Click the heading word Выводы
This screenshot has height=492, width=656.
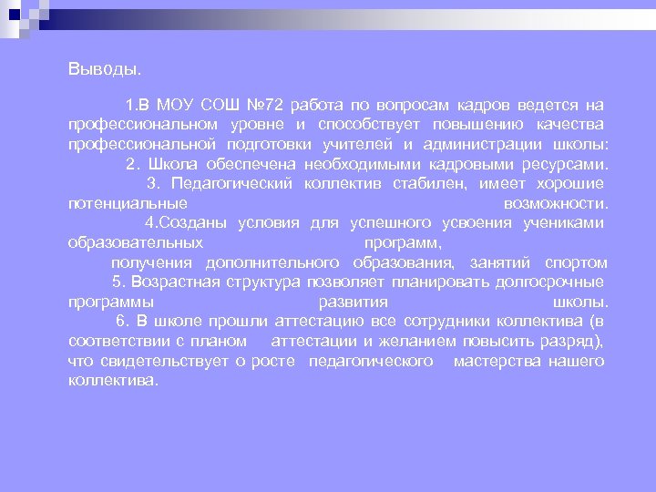(105, 69)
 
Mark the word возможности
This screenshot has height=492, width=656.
(555, 203)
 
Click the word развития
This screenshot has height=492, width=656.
(353, 302)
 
